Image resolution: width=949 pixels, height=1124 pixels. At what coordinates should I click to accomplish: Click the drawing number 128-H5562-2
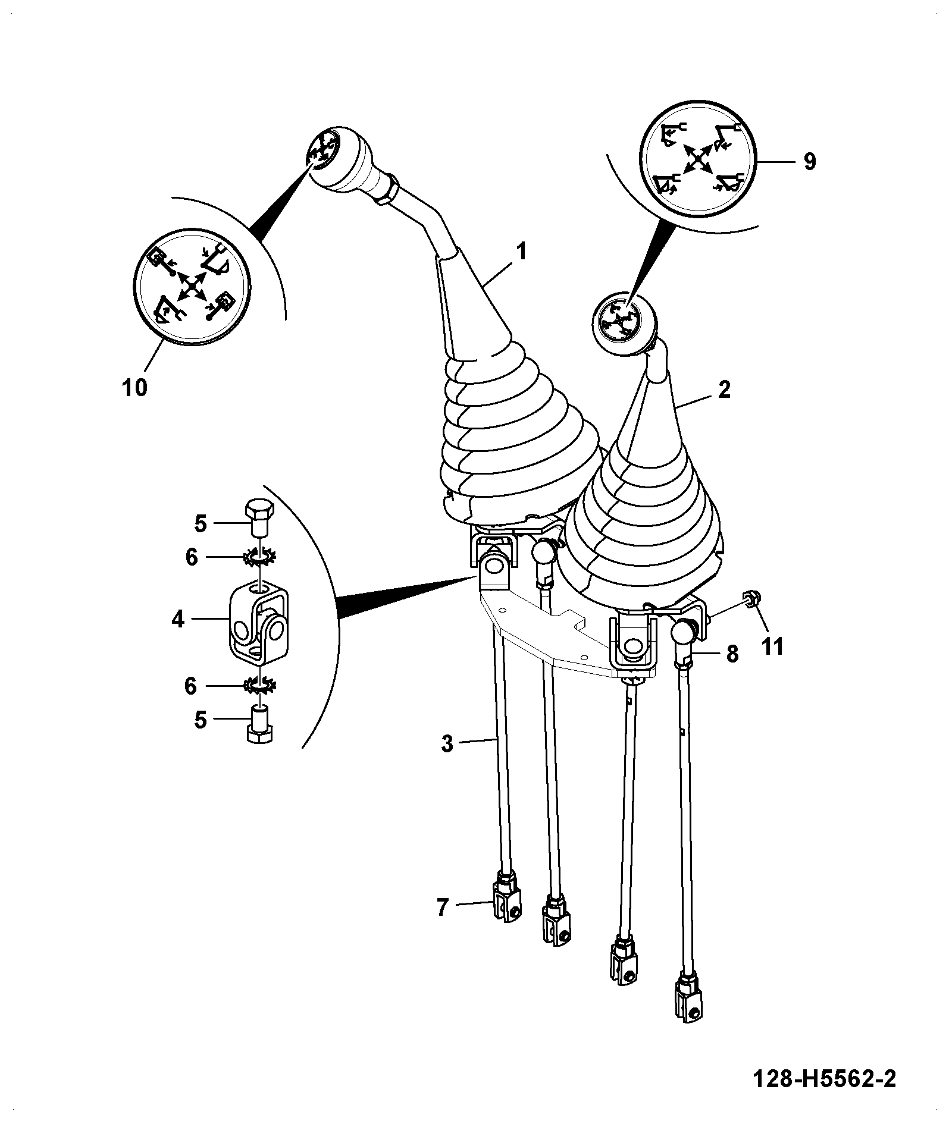click(823, 1078)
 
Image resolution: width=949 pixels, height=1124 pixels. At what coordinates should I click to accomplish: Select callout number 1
click(521, 252)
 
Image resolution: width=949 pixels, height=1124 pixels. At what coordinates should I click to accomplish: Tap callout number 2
click(724, 390)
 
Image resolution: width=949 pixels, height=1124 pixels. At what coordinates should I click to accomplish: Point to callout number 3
click(447, 743)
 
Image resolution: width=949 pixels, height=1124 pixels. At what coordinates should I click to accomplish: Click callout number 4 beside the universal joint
click(177, 620)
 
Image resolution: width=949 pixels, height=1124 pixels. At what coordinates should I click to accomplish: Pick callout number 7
click(441, 924)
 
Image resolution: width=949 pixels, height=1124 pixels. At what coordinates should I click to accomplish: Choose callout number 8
click(732, 654)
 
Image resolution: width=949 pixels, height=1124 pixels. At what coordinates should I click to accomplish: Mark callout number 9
click(809, 161)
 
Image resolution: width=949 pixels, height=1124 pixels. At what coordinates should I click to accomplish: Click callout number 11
click(773, 646)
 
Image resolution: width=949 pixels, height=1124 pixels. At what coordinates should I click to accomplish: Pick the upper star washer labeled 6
click(259, 557)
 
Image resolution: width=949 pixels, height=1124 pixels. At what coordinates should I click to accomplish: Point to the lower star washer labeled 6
click(260, 686)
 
